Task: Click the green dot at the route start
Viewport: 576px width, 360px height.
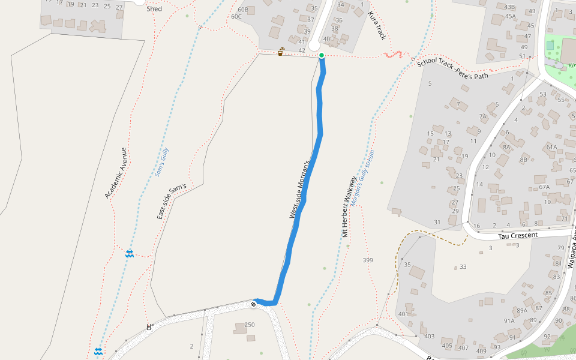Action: tap(322, 56)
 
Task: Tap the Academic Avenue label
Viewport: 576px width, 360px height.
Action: tap(116, 173)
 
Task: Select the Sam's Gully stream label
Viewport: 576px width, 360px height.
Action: tap(162, 162)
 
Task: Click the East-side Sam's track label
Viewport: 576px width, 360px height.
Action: tap(172, 201)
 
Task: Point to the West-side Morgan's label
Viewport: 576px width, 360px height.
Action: tap(299, 189)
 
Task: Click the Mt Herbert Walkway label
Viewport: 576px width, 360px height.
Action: tap(350, 206)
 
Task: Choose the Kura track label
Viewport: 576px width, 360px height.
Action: tap(376, 25)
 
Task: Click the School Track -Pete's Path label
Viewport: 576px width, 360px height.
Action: tap(452, 69)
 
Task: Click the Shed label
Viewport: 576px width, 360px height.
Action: tap(154, 9)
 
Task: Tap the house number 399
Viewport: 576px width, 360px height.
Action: tap(368, 260)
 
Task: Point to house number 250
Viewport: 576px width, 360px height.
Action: tap(250, 325)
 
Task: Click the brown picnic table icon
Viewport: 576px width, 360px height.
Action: tap(280, 52)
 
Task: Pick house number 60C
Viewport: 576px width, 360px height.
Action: tap(236, 16)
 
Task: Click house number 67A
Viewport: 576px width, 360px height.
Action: tap(544, 187)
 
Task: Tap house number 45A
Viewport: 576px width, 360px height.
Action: tap(510, 16)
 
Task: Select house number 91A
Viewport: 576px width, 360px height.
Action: tap(509, 320)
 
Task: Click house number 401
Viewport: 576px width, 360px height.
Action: tap(403, 314)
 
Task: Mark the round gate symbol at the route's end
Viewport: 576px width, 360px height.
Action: tap(254, 305)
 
